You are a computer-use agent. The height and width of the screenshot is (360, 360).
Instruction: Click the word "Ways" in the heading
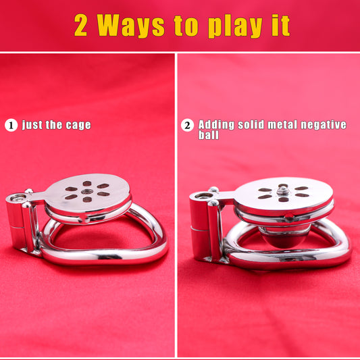click(x=131, y=25)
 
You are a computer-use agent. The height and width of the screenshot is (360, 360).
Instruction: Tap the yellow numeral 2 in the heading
click(x=80, y=25)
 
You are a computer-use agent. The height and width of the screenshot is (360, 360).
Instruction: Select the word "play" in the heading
click(x=236, y=27)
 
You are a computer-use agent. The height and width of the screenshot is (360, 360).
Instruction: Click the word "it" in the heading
click(x=281, y=25)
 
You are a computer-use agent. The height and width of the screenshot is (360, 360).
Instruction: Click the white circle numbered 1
click(x=11, y=126)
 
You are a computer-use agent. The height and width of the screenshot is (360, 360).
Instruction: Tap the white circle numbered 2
click(x=187, y=125)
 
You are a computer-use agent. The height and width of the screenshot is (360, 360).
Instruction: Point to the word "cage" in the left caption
click(x=78, y=126)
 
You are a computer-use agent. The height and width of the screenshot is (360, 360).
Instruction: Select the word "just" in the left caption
click(x=32, y=125)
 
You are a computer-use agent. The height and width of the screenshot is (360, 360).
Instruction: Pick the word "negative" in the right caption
click(x=324, y=125)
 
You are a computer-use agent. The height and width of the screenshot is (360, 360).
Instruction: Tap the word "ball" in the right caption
click(x=209, y=135)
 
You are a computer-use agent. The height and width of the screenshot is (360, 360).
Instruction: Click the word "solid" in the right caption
click(x=251, y=125)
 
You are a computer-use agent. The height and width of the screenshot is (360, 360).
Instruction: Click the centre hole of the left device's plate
click(x=87, y=191)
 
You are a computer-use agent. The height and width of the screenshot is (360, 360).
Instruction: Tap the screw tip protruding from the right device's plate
click(x=282, y=190)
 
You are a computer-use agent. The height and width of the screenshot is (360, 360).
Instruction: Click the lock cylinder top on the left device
click(x=18, y=197)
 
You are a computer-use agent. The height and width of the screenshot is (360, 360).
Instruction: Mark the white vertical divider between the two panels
click(x=176, y=205)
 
